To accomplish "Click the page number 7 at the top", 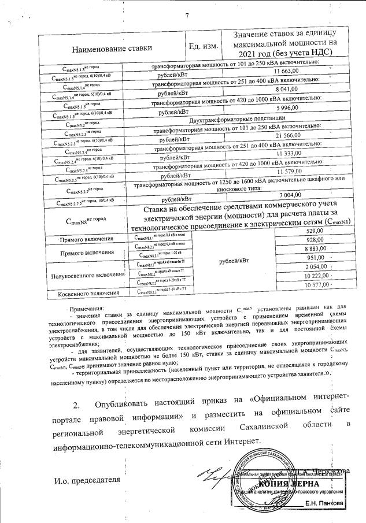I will tap(187, 15).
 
